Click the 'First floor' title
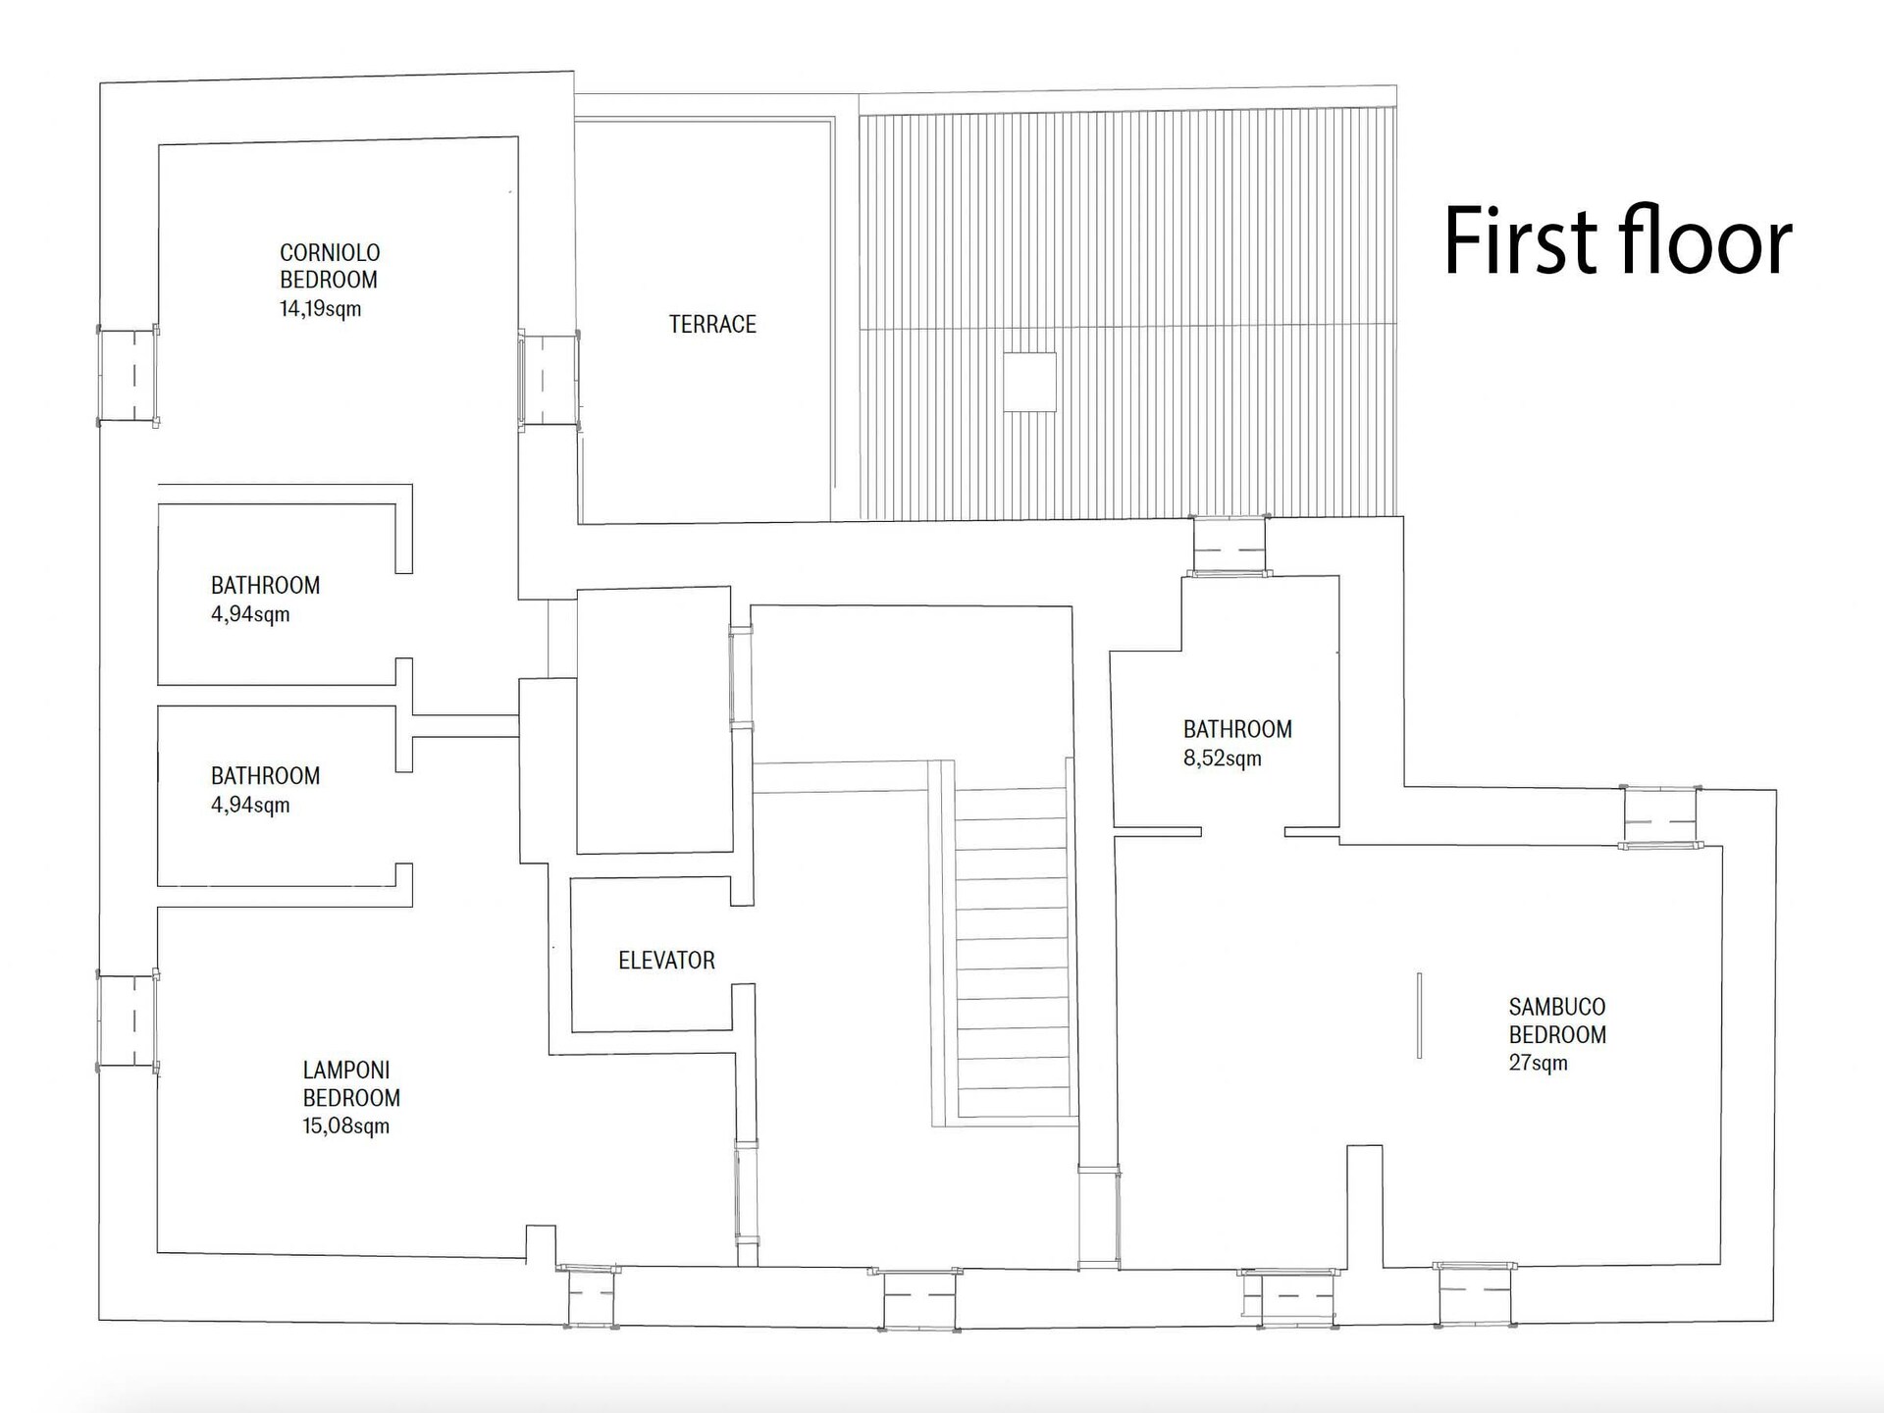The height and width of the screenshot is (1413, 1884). [x=1618, y=240]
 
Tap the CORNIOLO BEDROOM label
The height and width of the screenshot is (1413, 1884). [x=330, y=266]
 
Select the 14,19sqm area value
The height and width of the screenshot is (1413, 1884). [x=320, y=309]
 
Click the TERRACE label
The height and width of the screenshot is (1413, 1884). [x=712, y=324]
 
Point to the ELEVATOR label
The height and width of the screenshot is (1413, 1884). [x=666, y=960]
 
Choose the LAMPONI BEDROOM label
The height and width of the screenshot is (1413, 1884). [x=351, y=1083]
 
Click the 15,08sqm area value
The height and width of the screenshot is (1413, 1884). [x=345, y=1125]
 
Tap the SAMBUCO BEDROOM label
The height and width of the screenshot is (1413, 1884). [x=1557, y=1020]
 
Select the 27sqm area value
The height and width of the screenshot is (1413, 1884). [x=1538, y=1063]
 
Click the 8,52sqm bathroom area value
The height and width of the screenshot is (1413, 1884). [x=1222, y=759]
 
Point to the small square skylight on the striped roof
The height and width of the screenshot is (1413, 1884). [x=1029, y=382]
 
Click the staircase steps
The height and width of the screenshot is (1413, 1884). [x=1012, y=952]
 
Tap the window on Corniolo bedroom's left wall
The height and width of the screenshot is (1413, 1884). [x=129, y=376]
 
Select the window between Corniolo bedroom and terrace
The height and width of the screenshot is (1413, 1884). [x=549, y=381]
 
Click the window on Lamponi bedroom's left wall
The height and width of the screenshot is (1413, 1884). [x=129, y=1020]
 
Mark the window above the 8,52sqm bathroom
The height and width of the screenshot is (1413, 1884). [x=1230, y=546]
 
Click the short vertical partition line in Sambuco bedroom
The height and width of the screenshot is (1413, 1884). [x=1419, y=1016]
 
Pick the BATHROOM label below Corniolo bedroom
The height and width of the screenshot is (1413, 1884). [x=265, y=585]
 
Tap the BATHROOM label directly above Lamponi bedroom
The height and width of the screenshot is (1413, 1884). [x=265, y=775]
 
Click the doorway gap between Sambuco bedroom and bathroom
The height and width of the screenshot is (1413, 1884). [x=1243, y=832]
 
